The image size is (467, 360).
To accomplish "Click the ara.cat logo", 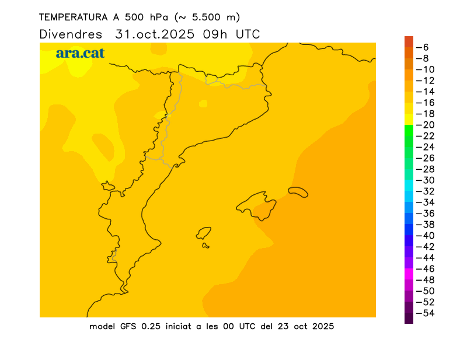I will (80, 53).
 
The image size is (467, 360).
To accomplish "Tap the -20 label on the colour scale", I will (428, 125).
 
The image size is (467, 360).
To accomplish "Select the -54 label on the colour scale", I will (428, 313).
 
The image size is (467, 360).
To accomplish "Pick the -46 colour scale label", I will (428, 269).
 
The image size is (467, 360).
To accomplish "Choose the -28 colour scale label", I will (428, 169).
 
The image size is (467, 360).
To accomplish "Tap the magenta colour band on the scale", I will (409, 274).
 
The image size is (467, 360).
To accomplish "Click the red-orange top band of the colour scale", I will (409, 41).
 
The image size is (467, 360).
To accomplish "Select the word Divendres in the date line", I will (71, 34).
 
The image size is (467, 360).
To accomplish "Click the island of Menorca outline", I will (298, 191).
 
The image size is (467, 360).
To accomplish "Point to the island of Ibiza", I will (204, 233).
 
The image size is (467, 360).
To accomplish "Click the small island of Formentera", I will (206, 246).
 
